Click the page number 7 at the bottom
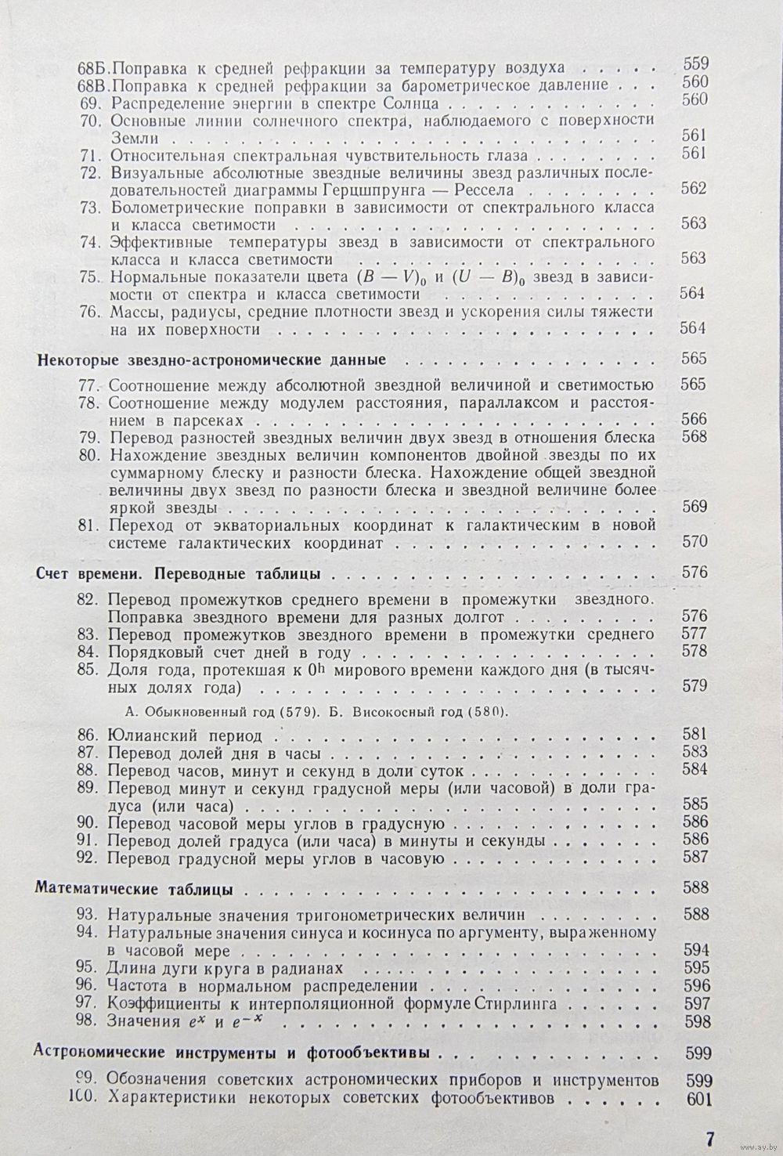pyautogui.click(x=709, y=1137)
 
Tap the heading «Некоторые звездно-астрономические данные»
pyautogui.click(x=211, y=360)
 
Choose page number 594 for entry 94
pyautogui.click(x=695, y=952)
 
